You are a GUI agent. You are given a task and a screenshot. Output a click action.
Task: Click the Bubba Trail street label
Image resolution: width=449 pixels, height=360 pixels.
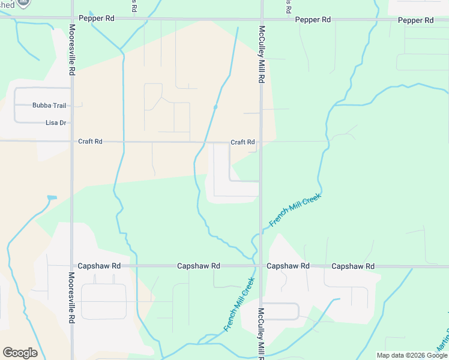(x=49, y=106)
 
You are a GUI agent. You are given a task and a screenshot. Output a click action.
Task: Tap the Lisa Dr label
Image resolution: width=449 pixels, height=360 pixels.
(x=56, y=123)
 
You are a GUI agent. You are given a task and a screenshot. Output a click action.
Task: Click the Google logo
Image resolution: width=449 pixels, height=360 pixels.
(x=20, y=352)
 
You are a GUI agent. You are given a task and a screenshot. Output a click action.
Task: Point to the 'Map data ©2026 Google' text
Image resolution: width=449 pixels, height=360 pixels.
(x=412, y=355)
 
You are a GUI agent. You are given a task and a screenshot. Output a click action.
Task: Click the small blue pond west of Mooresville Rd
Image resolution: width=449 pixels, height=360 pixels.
(x=52, y=197)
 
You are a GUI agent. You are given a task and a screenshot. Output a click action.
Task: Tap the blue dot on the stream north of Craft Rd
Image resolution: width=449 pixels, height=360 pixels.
(x=215, y=107)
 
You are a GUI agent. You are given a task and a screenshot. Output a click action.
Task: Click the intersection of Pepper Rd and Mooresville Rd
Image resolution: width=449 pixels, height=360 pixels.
(x=71, y=19)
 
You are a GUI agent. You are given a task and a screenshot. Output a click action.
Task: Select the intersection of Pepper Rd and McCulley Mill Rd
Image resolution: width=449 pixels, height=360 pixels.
(x=262, y=19)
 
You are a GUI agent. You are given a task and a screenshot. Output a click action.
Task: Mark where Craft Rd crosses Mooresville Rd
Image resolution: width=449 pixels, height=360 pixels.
(x=71, y=142)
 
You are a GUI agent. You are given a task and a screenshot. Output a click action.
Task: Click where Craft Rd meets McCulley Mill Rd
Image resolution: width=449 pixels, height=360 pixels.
(x=261, y=142)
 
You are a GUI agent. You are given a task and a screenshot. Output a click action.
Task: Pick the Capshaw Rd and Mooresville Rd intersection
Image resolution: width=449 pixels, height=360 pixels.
(x=71, y=266)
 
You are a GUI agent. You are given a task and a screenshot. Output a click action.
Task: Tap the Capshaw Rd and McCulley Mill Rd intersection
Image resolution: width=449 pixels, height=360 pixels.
(x=261, y=266)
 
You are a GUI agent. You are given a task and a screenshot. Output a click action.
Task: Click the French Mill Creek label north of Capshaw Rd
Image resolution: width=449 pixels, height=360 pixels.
(x=295, y=210)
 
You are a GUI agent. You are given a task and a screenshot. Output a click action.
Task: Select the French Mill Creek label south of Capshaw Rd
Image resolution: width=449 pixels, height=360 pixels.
(x=240, y=304)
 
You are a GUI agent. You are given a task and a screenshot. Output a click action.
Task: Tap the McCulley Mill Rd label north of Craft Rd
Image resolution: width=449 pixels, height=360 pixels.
(x=262, y=54)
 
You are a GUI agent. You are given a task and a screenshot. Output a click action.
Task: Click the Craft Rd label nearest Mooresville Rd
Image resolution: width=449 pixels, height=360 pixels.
(x=90, y=142)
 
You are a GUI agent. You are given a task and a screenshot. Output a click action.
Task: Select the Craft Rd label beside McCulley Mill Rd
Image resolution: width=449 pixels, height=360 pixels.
(x=243, y=142)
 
